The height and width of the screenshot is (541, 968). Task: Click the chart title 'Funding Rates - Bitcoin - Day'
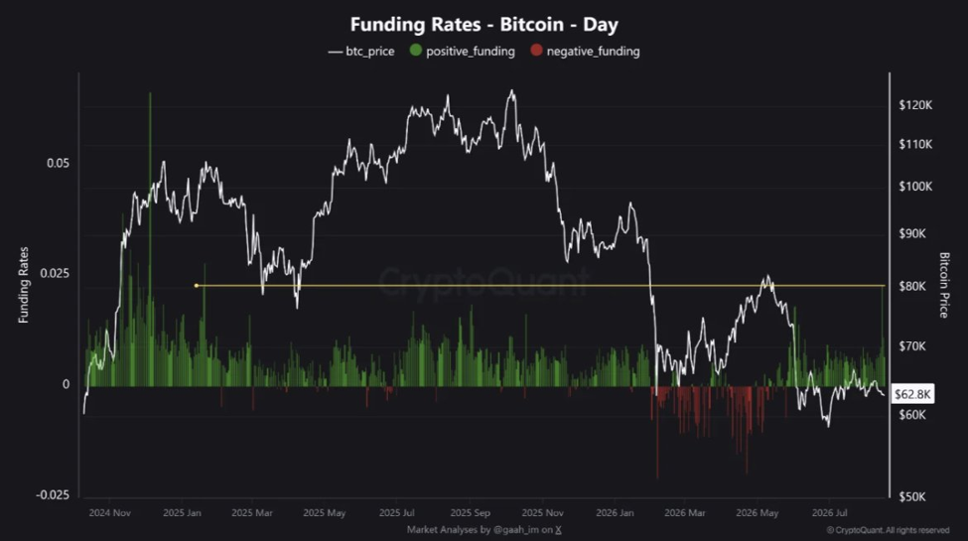tap(484, 25)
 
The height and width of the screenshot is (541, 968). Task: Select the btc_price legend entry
tap(361, 52)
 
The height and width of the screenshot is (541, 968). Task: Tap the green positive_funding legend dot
tap(415, 51)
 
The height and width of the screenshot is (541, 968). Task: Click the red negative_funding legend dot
tap(536, 51)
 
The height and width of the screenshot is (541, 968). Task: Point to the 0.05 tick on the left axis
tap(58, 163)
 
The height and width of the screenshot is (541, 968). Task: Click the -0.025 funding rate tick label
tap(53, 495)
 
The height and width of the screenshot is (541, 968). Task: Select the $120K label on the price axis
tap(915, 105)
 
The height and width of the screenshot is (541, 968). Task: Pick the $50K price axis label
tap(912, 496)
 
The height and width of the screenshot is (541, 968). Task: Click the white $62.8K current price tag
tap(912, 394)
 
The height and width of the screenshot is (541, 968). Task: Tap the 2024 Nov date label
tap(110, 512)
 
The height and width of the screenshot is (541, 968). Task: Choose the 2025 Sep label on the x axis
tap(471, 512)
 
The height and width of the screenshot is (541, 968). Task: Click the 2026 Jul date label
tap(830, 512)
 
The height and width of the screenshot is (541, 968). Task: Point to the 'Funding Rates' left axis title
tap(24, 285)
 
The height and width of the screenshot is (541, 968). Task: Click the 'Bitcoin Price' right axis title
tap(943, 285)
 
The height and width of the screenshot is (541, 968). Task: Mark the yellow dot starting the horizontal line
tap(197, 285)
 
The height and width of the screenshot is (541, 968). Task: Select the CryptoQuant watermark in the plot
tap(484, 282)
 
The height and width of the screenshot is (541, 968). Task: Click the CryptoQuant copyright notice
tap(888, 530)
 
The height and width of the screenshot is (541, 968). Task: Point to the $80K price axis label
tap(912, 287)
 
